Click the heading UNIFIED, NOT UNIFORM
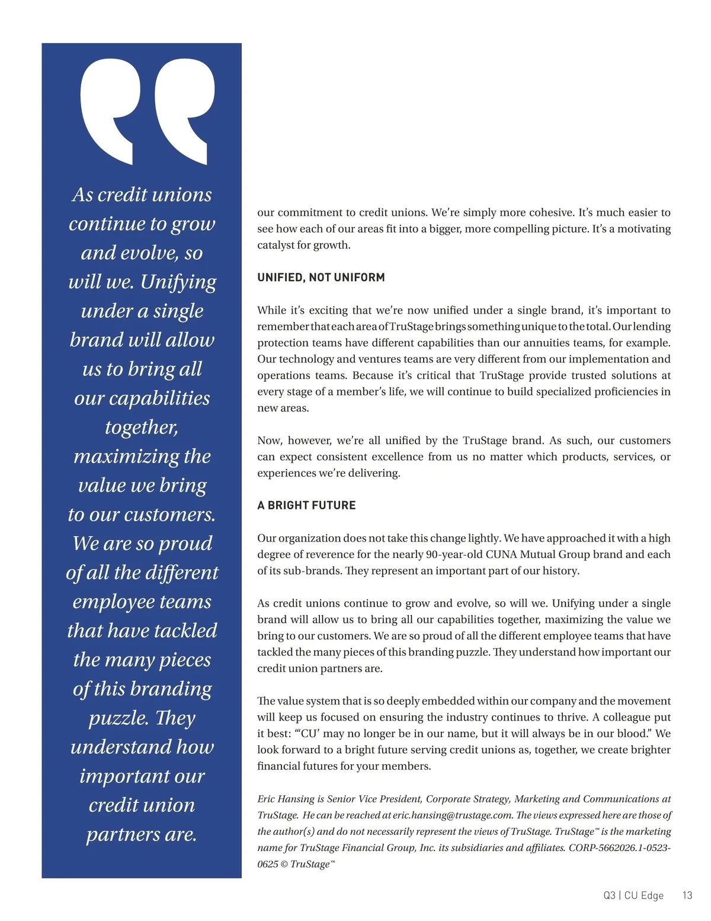click(321, 278)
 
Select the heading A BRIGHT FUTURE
click(306, 505)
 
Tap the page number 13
click(687, 895)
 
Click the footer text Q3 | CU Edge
click(633, 895)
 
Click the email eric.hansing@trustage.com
click(452, 815)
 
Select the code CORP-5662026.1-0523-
click(619, 848)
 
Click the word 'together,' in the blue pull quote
click(142, 427)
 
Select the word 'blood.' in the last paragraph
click(635, 734)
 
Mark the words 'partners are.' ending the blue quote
click(142, 834)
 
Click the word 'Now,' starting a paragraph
click(270, 441)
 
